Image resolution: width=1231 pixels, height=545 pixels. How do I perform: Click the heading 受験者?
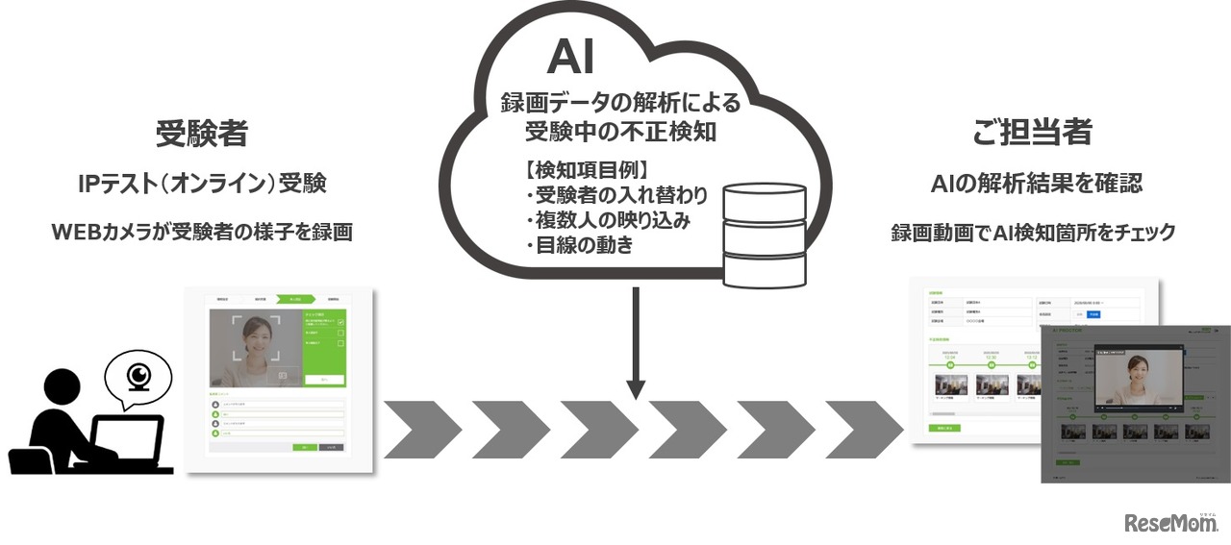tap(202, 134)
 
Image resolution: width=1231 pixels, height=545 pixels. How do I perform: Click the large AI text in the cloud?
tap(570, 57)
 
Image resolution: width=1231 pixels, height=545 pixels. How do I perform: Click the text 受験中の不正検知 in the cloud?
tap(620, 132)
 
